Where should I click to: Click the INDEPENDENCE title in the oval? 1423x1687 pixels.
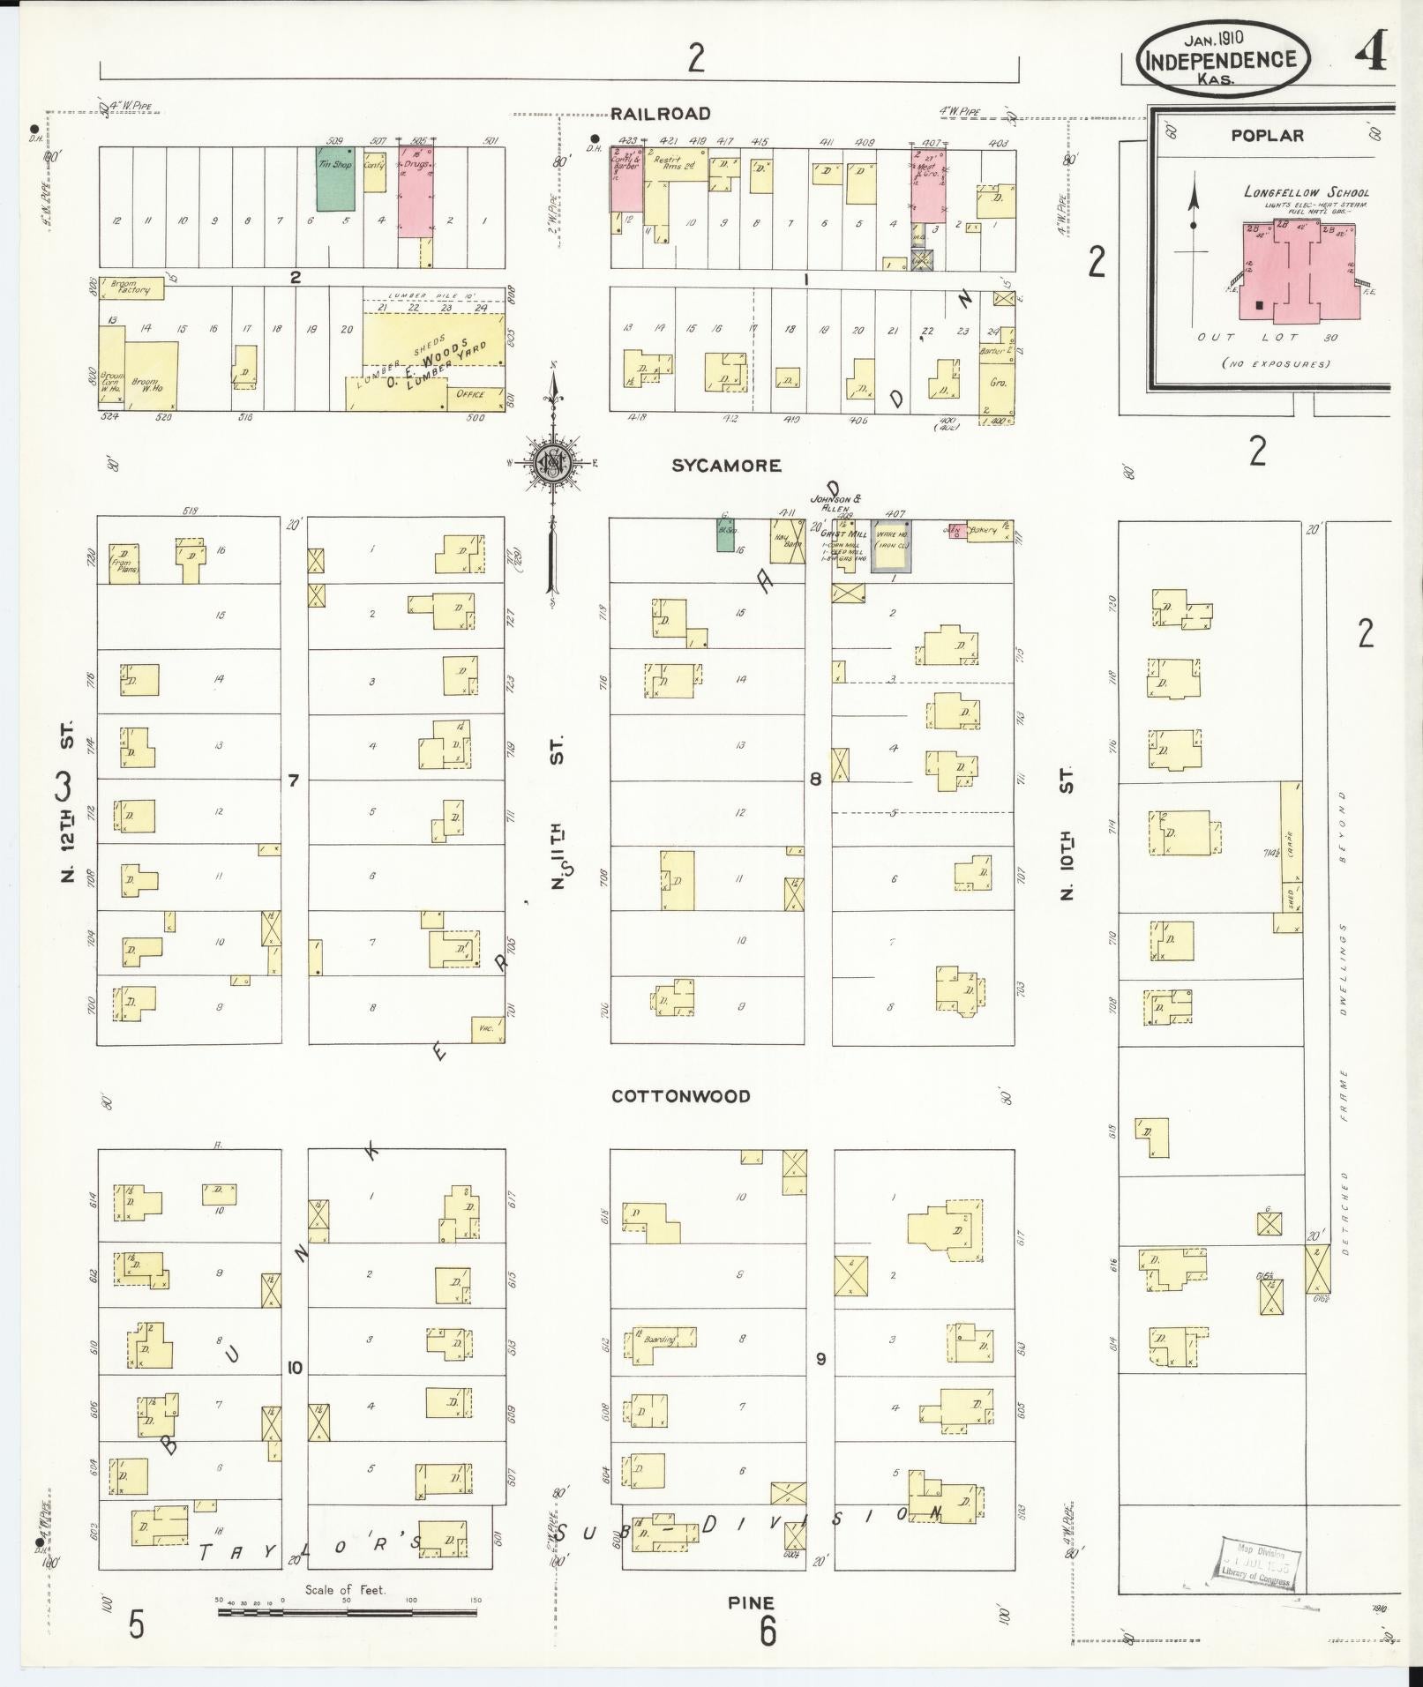(x=1222, y=60)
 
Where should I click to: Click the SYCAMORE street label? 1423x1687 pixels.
(x=726, y=466)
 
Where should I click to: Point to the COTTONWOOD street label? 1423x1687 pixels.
(x=681, y=1096)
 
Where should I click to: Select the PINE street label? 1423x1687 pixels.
(x=751, y=1602)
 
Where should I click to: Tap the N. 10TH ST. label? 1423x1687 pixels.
(x=1067, y=832)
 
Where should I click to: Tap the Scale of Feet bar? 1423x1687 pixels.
(x=348, y=1612)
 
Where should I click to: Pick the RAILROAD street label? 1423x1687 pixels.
(x=661, y=114)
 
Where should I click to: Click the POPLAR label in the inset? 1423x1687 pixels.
(x=1268, y=136)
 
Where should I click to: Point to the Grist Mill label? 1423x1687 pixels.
(x=843, y=533)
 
